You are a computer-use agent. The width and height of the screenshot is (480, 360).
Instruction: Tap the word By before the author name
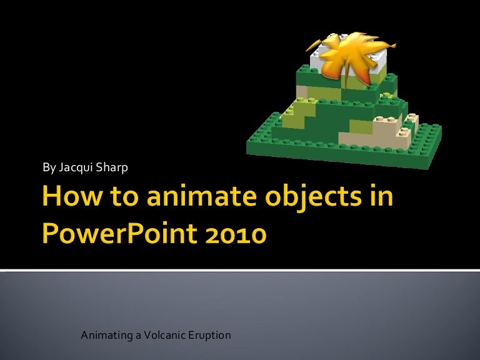click(48, 167)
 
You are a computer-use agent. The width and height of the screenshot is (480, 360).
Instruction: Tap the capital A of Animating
click(85, 336)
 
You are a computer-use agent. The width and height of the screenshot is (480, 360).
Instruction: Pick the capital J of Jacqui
click(61, 167)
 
